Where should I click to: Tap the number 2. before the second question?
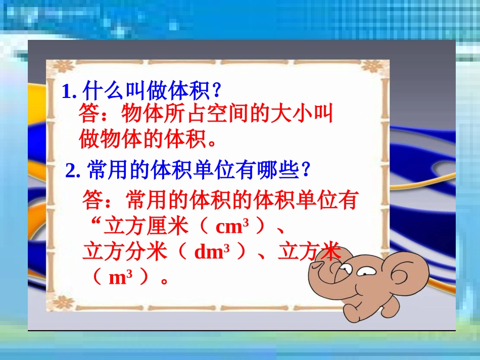tap(73, 172)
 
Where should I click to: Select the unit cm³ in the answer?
tap(232, 227)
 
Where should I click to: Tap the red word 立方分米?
tap(125, 252)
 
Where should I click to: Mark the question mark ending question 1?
tap(216, 91)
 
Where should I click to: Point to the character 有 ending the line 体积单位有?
tap(347, 200)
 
